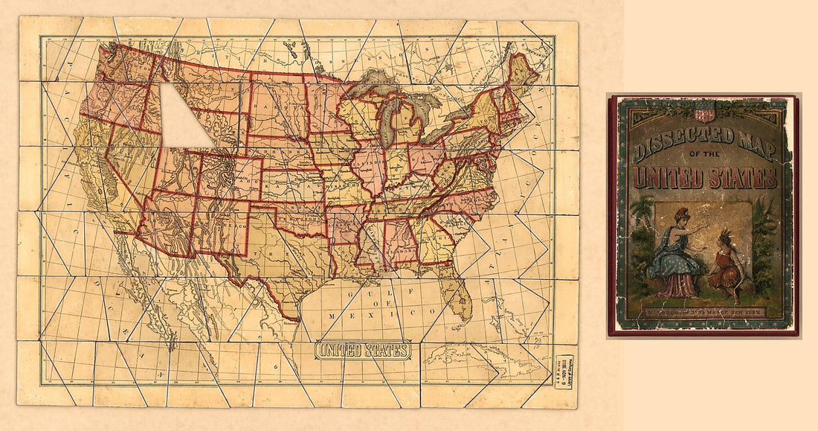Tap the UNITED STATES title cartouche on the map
363,351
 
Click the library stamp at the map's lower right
564,371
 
